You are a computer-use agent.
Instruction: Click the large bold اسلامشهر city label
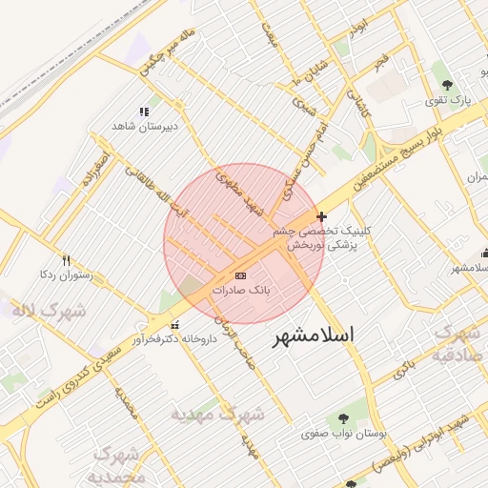click(x=314, y=335)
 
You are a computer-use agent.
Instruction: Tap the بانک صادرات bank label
click(x=242, y=289)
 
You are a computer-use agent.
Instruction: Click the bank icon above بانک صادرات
click(x=239, y=274)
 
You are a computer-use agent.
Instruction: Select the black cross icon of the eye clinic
click(x=320, y=217)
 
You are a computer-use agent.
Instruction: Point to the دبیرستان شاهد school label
click(x=145, y=126)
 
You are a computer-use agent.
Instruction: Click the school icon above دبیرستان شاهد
click(x=144, y=112)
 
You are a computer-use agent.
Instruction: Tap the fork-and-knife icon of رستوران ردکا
click(x=66, y=260)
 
